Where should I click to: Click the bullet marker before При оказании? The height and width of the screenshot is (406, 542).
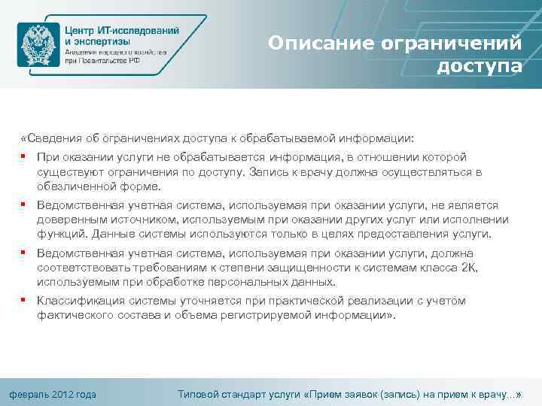[x=25, y=157]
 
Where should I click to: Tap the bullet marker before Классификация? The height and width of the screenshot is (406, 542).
[x=25, y=301]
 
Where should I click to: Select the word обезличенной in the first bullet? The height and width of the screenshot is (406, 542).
[x=73, y=186]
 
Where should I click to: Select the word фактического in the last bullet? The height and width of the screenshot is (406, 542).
[x=72, y=316]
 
